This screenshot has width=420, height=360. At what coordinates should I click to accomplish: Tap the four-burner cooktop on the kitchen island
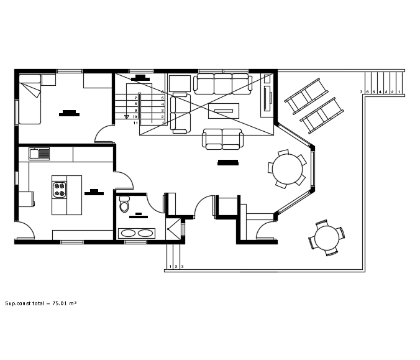click(x=60, y=188)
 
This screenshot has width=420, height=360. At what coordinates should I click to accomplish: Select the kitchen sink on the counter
click(x=43, y=152)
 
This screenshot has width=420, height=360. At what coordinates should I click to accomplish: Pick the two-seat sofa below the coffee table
click(x=223, y=139)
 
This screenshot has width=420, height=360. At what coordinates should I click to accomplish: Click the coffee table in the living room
click(x=224, y=111)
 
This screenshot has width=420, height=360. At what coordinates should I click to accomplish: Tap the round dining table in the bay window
click(x=288, y=168)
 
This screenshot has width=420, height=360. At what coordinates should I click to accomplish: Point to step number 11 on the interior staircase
click(x=135, y=123)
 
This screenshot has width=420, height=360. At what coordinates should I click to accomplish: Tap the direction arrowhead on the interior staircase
click(x=127, y=116)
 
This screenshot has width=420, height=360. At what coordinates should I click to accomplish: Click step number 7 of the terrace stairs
click(x=362, y=92)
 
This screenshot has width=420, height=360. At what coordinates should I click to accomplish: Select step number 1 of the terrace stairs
click(x=398, y=92)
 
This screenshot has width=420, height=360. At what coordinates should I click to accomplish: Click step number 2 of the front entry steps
click(x=176, y=267)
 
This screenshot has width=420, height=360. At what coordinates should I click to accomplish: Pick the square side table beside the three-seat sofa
click(x=180, y=83)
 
